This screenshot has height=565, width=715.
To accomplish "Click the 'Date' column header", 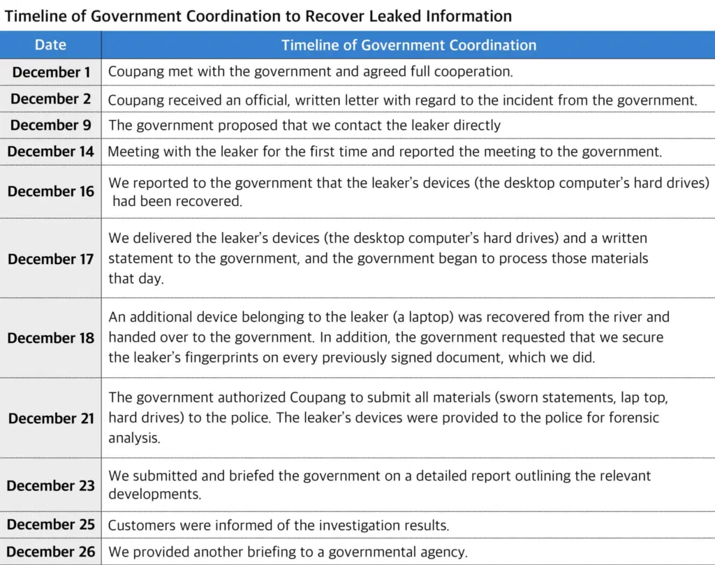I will coord(50,45).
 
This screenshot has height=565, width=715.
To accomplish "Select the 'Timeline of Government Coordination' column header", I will coord(408,45).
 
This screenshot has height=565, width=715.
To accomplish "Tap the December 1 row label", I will coord(50,72).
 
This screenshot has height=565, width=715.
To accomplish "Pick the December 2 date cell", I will coord(50,99).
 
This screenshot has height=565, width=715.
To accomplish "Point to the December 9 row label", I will coord(50,126).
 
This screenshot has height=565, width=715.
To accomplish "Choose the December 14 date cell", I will coord(50,152).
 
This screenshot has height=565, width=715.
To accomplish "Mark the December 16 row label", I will coord(50,191).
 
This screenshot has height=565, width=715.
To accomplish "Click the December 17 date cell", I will coord(50,258).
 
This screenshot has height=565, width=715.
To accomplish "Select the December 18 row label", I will coord(50,338).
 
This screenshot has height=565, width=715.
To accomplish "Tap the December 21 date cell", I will coord(50,418).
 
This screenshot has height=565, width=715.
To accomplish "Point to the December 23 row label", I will coord(50,485).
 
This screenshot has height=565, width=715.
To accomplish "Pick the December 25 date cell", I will coord(50,524).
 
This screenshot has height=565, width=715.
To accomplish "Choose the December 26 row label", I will coord(50,552).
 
